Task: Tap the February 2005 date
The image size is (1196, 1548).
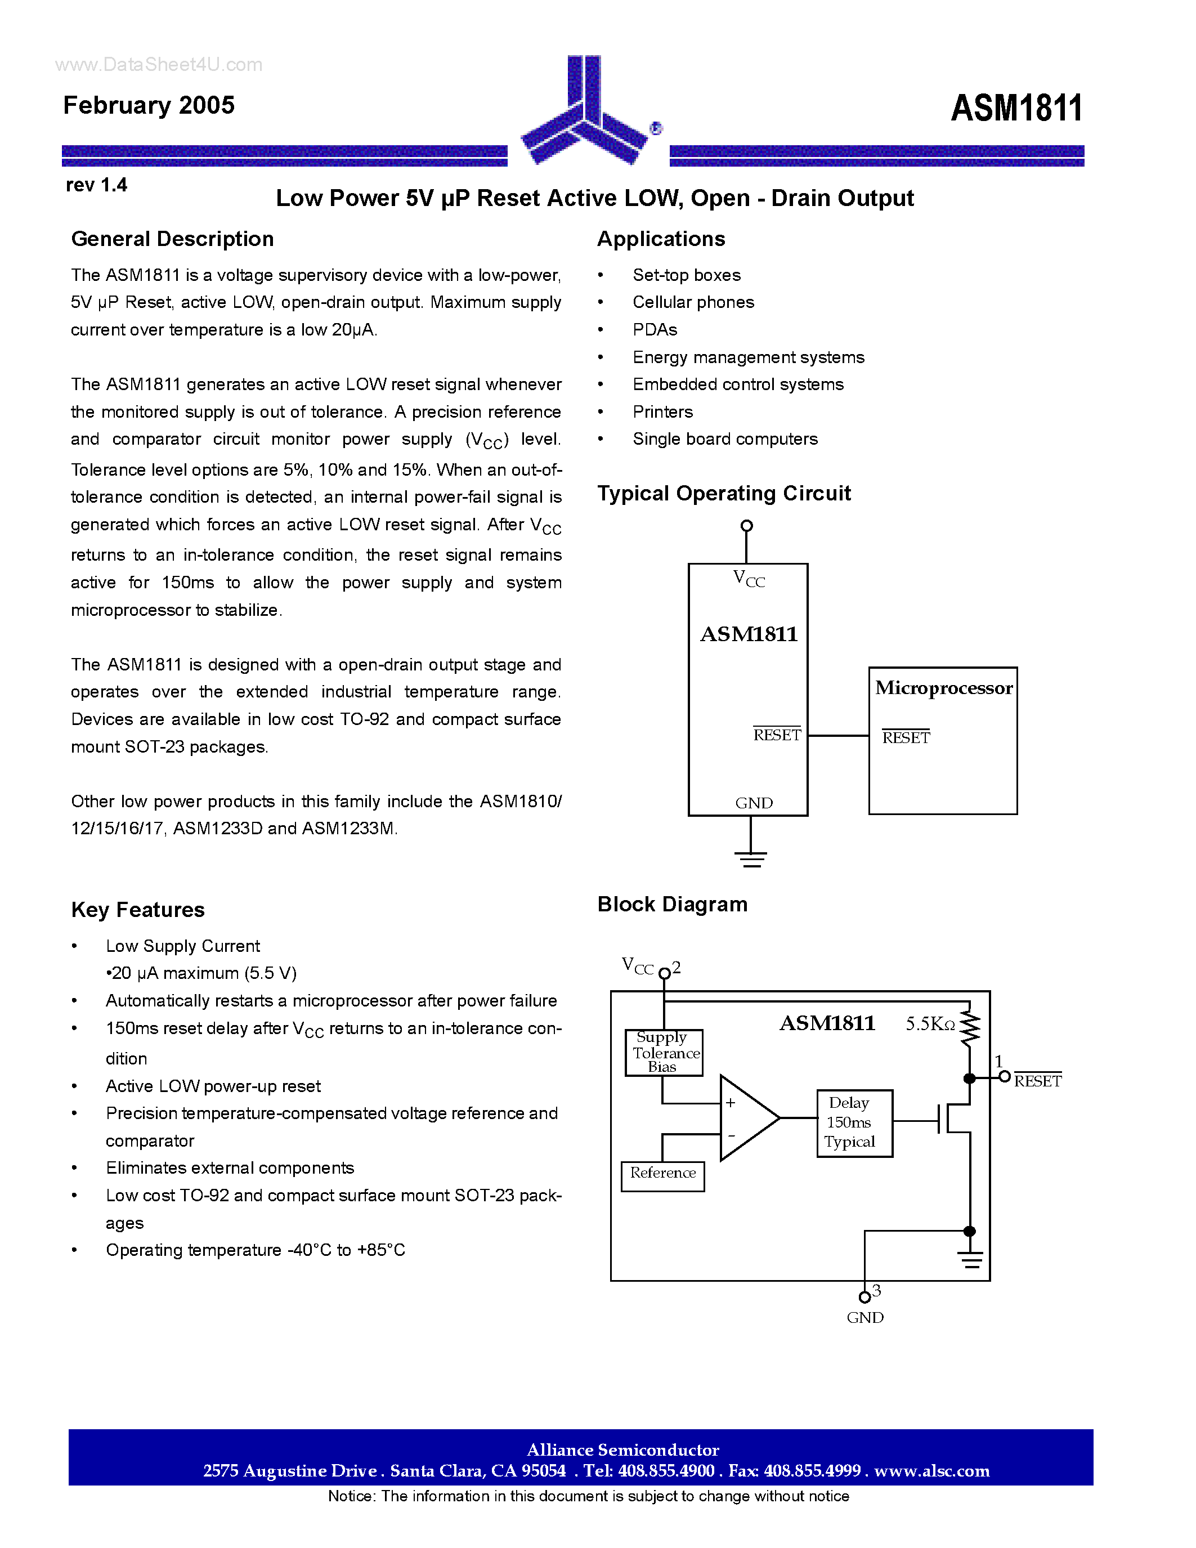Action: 149,105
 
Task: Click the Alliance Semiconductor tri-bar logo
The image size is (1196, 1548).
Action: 585,113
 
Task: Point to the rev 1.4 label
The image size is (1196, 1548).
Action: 96,185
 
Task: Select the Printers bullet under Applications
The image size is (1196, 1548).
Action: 662,412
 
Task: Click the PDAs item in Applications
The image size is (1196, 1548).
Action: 655,330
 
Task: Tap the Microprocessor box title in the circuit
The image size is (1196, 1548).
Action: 943,688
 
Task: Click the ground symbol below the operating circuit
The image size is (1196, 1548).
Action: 751,858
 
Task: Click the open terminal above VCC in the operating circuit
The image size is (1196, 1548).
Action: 746,526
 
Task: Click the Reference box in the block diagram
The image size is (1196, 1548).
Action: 662,1173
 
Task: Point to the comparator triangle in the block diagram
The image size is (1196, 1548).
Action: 747,1118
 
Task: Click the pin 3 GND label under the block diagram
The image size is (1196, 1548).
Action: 865,1317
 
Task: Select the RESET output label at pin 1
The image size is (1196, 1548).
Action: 1037,1081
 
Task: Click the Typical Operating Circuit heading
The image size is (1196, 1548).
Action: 723,493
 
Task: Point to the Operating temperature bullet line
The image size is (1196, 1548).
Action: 255,1250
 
